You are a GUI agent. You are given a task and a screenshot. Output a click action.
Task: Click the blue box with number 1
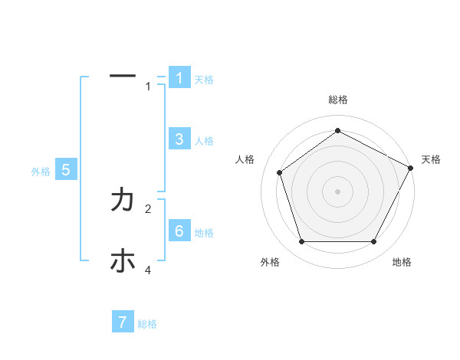[x=179, y=78]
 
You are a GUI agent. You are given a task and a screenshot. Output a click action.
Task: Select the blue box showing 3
[x=179, y=139]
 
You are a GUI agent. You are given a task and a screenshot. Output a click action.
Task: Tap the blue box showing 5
[x=65, y=170]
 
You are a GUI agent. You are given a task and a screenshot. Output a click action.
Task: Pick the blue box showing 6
[x=179, y=231]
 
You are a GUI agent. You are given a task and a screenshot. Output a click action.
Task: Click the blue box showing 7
[x=123, y=322]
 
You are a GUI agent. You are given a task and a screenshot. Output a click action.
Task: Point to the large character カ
[x=123, y=201]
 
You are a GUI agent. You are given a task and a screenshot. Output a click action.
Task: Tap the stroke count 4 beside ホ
[x=149, y=270]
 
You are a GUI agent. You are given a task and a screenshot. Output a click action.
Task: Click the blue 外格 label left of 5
[x=41, y=172]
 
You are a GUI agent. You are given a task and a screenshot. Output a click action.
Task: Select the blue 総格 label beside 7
[x=147, y=324]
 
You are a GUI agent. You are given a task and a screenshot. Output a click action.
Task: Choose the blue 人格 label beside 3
[x=204, y=141]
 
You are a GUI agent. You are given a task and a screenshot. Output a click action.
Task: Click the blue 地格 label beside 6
[x=204, y=233]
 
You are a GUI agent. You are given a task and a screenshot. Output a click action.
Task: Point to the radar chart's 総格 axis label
[x=337, y=100]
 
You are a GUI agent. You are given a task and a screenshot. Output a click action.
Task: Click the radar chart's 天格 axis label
[x=431, y=159]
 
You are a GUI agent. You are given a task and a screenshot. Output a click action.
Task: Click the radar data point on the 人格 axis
[x=280, y=172]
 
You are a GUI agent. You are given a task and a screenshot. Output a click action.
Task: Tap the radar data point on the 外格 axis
[x=301, y=241]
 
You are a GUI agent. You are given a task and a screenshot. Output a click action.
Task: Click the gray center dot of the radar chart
[x=337, y=191]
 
